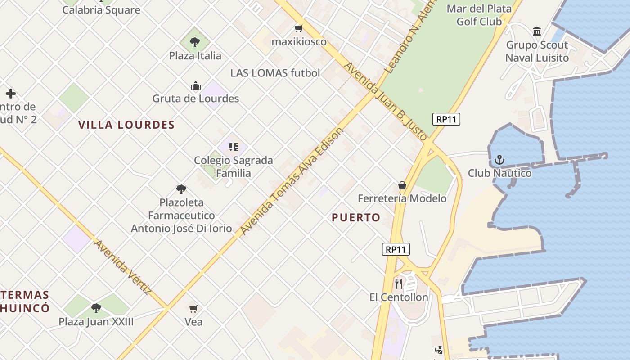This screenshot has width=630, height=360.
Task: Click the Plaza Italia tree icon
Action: pos(195,42)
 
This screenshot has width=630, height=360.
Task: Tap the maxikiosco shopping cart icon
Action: pos(298,29)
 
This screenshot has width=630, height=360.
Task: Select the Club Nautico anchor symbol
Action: pos(499,160)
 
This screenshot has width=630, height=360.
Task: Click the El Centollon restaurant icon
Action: pos(399,283)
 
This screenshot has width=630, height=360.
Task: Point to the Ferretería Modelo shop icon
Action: pos(402,185)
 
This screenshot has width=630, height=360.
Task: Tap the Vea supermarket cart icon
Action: pos(193,309)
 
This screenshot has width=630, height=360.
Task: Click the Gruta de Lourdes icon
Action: pos(196,85)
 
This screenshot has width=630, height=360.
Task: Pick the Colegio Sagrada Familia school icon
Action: pos(233,147)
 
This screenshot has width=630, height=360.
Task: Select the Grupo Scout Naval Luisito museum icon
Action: pos(537,31)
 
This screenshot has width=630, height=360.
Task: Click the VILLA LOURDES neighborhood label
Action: pos(126,125)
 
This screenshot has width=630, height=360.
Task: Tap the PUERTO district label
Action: pos(356,218)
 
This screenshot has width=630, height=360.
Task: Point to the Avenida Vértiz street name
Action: pos(122,267)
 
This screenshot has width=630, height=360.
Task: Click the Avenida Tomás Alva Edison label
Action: pos(292,181)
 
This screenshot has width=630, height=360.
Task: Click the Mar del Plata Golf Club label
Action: pos(479,15)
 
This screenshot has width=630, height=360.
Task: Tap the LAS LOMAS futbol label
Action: pos(275,73)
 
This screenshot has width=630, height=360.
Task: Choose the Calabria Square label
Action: pos(101,10)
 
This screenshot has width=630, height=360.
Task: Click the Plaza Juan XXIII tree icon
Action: pos(96,308)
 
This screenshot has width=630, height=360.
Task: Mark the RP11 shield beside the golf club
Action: pos(446,119)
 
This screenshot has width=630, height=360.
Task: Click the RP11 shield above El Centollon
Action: pos(396,249)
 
